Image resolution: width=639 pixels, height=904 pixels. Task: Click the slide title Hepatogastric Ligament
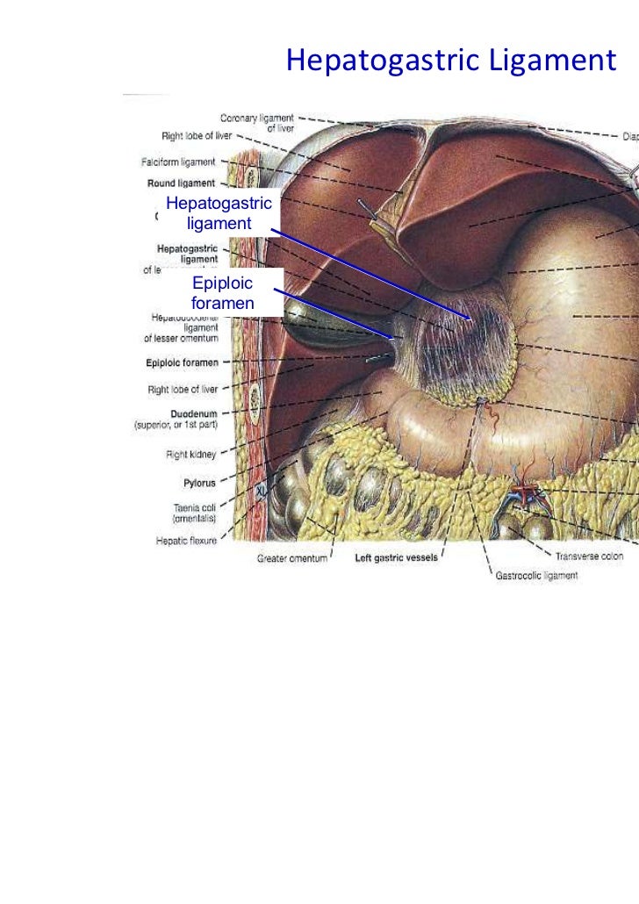(x=451, y=61)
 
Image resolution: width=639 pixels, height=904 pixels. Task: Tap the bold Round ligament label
(x=181, y=183)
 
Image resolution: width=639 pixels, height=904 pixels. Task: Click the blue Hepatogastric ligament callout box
(x=219, y=213)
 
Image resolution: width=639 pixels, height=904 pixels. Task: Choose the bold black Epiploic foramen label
(x=183, y=362)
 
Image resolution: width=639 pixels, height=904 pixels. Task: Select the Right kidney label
(x=190, y=455)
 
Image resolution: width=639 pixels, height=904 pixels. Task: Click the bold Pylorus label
(x=199, y=483)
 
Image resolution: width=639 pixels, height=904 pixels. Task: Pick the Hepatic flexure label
(x=186, y=541)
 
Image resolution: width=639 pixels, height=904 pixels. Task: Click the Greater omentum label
(x=291, y=558)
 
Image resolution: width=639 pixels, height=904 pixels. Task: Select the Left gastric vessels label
(x=396, y=557)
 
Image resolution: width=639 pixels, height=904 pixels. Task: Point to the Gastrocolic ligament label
(x=537, y=576)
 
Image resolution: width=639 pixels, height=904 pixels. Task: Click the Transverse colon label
(x=589, y=556)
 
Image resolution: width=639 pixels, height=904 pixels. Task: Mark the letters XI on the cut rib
(x=261, y=492)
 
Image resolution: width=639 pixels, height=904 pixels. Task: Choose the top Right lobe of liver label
(x=197, y=137)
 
